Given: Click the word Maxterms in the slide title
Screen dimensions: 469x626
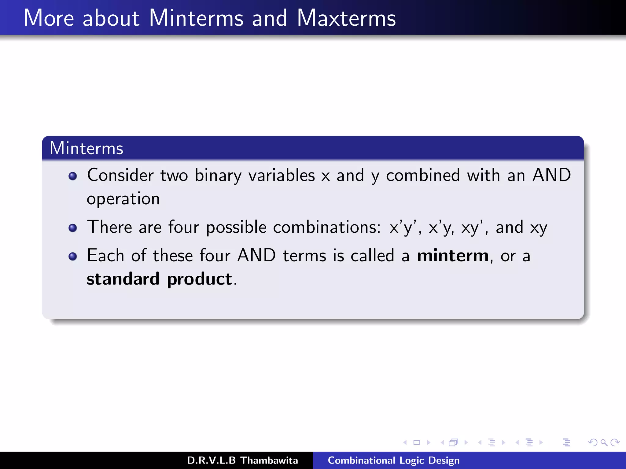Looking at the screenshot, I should tap(346, 18).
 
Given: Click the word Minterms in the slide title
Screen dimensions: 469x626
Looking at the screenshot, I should tap(196, 18).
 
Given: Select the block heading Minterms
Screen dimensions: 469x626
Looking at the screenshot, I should tap(86, 148).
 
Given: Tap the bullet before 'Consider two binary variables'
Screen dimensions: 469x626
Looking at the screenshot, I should tap(73, 176).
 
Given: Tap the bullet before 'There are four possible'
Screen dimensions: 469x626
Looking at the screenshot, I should tap(73, 228).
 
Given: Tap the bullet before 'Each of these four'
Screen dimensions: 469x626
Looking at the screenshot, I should tap(73, 256).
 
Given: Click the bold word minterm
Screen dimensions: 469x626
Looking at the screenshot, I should tap(453, 256).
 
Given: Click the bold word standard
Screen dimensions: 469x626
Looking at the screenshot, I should tap(123, 279).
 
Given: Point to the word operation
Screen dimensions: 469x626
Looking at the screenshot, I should tap(123, 199).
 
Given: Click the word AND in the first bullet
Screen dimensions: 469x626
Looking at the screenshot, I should tap(551, 175).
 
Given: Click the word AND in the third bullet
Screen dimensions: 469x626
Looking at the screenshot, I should tap(256, 256).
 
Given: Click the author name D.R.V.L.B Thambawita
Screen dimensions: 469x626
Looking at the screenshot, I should tap(242, 460).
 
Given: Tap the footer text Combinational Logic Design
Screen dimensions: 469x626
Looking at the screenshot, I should tap(393, 460).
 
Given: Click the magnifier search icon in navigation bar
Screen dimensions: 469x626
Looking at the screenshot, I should tap(604, 442).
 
